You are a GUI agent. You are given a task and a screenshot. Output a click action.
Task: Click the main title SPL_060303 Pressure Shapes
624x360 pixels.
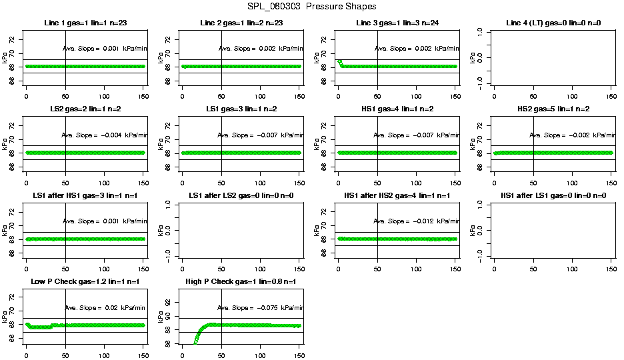(x=311, y=7)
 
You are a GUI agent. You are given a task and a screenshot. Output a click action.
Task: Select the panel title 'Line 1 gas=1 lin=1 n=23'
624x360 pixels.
(x=85, y=23)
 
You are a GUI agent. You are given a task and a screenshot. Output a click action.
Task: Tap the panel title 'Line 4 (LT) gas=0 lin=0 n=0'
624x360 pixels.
(x=553, y=23)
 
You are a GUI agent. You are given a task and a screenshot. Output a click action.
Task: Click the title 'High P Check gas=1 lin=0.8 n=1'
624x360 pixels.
(x=241, y=282)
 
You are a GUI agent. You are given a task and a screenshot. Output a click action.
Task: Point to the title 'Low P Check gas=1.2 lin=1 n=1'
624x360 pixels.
(x=85, y=282)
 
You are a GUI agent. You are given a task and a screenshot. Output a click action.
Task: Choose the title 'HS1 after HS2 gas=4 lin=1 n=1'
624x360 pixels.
(x=397, y=195)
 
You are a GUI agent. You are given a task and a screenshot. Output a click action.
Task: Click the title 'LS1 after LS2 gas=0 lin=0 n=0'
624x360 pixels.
(x=241, y=195)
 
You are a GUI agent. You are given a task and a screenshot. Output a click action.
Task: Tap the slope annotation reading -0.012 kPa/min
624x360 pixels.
(x=417, y=221)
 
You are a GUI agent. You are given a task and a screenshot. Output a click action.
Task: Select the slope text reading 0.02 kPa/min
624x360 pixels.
(x=105, y=307)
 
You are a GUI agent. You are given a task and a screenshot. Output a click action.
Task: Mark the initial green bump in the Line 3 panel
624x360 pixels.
(x=340, y=63)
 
